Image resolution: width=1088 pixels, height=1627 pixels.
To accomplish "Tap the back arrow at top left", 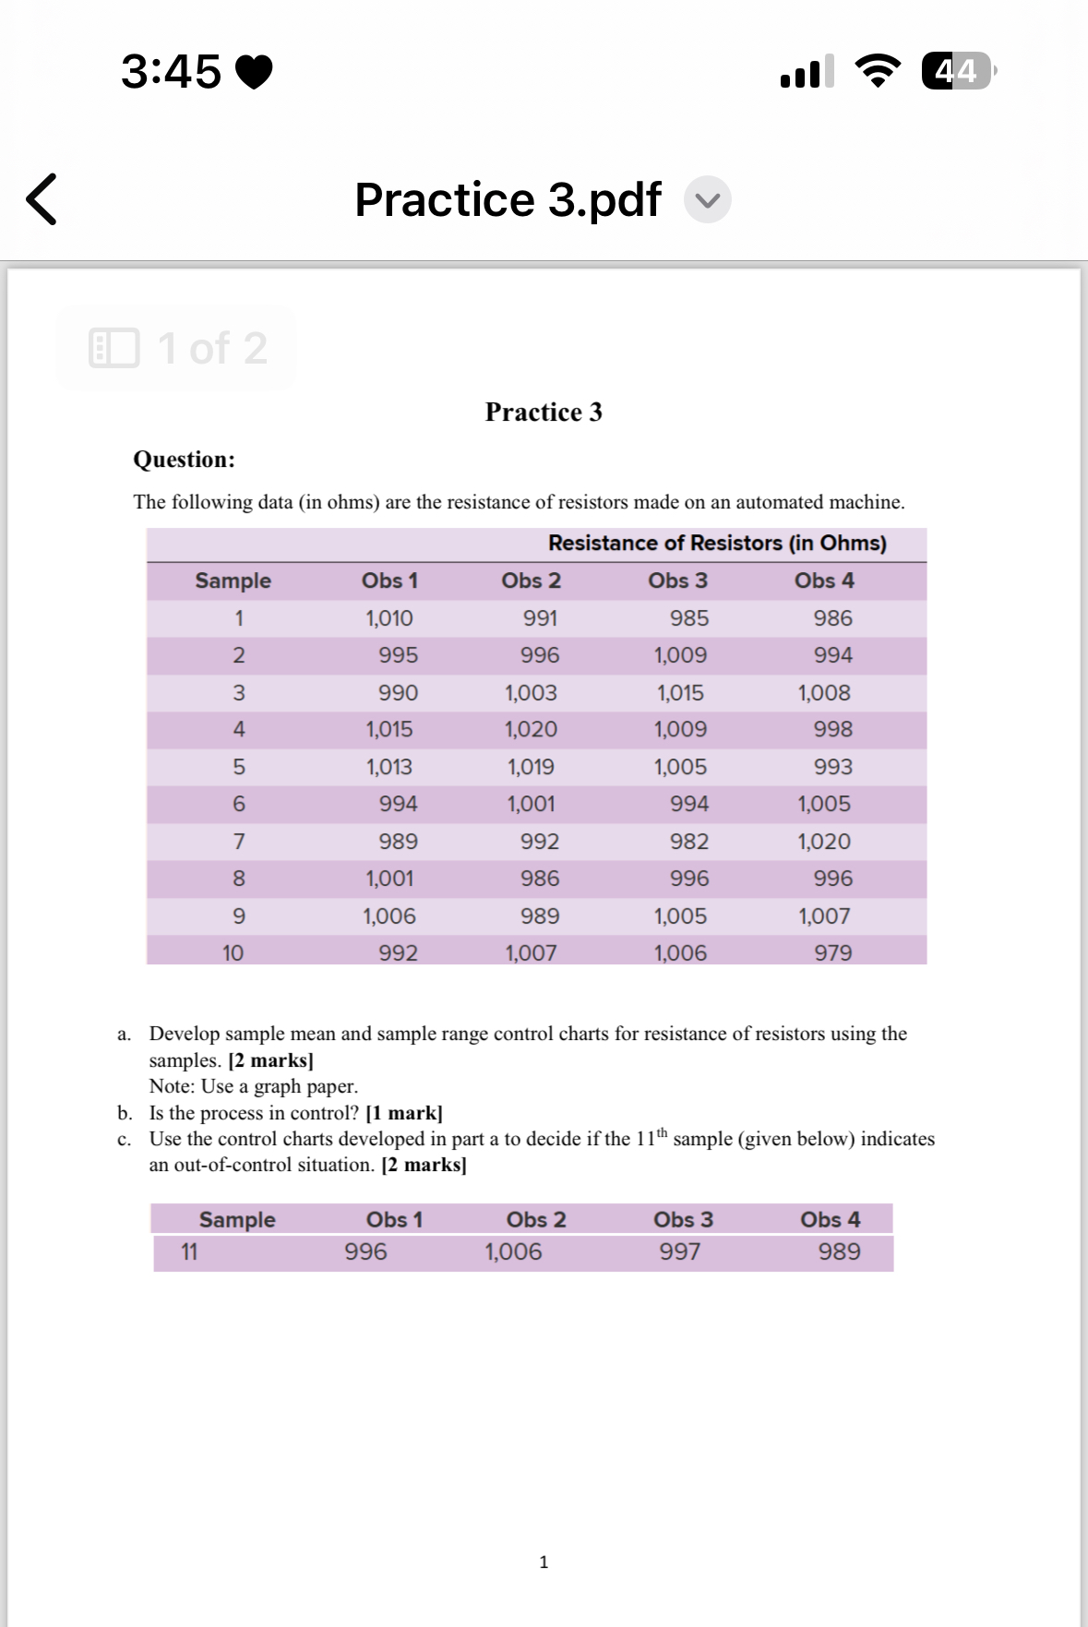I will point(42,199).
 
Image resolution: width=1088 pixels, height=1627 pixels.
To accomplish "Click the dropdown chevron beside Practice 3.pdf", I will point(707,200).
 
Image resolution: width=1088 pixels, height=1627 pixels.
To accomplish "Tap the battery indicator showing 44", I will point(957,71).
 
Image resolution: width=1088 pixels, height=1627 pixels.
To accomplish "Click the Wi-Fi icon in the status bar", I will point(878,71).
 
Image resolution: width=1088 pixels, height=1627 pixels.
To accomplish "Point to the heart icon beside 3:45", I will point(255,72).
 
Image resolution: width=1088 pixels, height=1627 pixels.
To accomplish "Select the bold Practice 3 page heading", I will point(544,412).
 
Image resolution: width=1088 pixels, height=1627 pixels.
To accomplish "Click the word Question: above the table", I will point(184,460).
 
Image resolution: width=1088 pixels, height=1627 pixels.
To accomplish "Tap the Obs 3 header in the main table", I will point(677,580).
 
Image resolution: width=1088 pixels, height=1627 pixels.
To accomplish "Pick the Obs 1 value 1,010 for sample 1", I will point(389,618).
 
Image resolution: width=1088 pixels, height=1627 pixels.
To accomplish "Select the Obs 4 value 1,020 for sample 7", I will point(824,842).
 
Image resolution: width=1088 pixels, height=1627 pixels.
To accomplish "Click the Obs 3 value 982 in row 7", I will point(689,842).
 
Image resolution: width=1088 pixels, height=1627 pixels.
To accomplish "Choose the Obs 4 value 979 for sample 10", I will point(832,952).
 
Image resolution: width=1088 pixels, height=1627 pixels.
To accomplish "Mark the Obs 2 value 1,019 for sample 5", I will point(531,767).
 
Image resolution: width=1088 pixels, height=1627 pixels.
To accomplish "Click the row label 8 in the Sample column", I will point(239,879).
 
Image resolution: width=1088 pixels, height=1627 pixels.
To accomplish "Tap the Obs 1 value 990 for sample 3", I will point(398,693).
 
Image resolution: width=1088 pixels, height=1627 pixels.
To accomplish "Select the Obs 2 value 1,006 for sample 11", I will point(513,1252).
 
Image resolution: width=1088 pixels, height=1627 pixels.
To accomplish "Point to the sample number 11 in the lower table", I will point(189,1252).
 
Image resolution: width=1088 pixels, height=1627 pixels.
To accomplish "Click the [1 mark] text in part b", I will point(404,1113).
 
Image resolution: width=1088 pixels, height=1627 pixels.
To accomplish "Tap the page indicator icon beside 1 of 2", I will point(114,348).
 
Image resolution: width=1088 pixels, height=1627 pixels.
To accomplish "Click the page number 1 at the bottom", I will point(544,1562).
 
